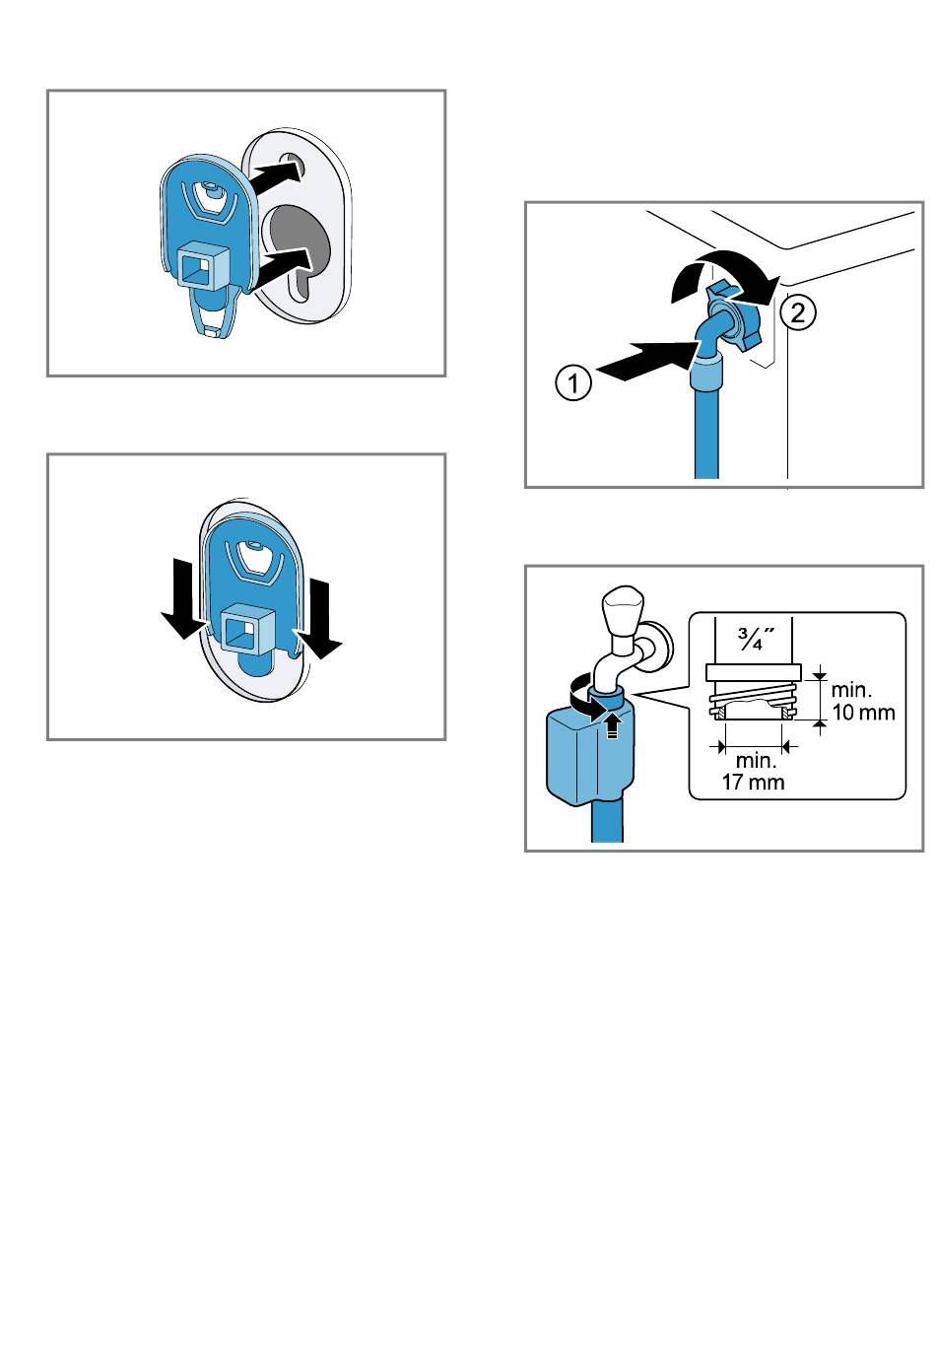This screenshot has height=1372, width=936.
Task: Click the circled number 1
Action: (573, 382)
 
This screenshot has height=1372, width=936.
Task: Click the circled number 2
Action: (798, 312)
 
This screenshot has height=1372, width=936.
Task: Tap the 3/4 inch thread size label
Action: (754, 639)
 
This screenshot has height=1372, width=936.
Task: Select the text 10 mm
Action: (863, 713)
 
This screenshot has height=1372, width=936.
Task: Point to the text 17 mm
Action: (753, 783)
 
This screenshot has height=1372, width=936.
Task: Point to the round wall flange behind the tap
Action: (659, 647)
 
